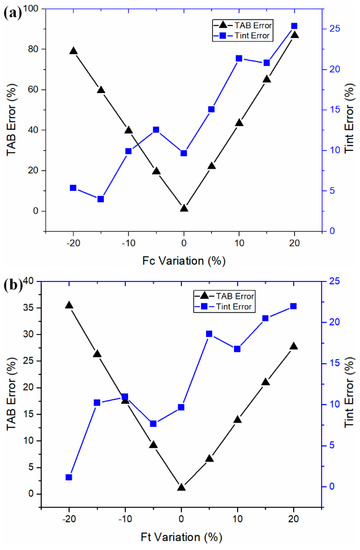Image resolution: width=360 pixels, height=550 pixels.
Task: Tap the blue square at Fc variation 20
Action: pos(294,26)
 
